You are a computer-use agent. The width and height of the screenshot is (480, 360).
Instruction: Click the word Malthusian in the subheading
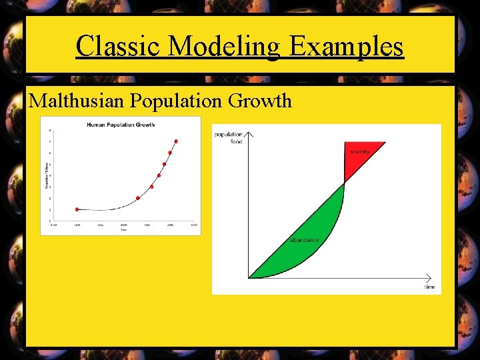click(x=77, y=101)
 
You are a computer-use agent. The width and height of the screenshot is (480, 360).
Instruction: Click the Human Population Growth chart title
click(x=120, y=125)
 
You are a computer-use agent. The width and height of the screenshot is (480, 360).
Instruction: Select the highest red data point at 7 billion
click(x=176, y=141)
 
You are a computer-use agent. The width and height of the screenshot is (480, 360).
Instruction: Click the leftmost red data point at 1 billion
click(x=77, y=209)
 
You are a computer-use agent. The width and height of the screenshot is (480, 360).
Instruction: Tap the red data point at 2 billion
click(x=138, y=198)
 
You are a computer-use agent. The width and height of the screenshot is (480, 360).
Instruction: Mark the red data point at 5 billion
click(x=164, y=164)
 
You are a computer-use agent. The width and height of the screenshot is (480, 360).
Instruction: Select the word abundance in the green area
click(x=304, y=240)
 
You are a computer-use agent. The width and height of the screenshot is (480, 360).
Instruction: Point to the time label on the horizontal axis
click(x=430, y=287)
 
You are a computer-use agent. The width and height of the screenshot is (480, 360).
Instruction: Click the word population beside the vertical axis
click(x=229, y=135)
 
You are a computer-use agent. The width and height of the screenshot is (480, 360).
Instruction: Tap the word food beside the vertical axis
click(x=236, y=141)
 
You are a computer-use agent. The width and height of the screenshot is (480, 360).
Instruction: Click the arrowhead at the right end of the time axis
click(x=437, y=277)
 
